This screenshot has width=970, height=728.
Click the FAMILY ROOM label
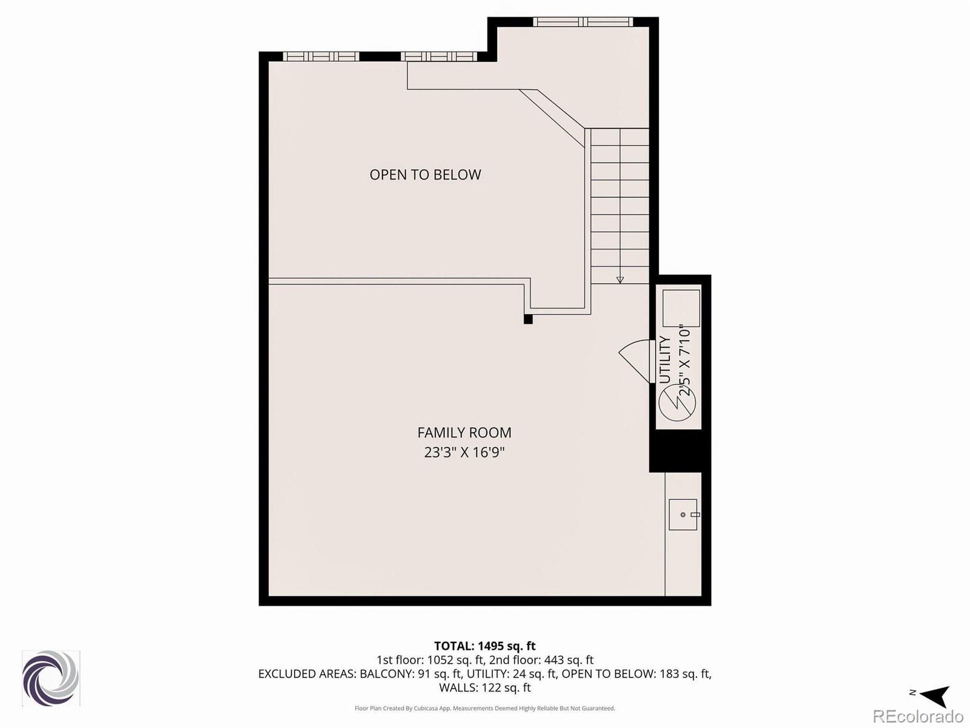464,433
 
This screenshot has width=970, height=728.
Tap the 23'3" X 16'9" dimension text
464,453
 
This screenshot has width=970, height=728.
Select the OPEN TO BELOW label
425,175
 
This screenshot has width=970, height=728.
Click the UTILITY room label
665,360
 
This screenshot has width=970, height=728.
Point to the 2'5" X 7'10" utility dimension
685,360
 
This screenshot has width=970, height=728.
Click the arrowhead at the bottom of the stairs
620,280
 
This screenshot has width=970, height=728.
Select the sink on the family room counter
683,514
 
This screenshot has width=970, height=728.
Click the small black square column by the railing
528,319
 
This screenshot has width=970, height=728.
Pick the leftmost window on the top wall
321,56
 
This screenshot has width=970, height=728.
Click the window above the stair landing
583,22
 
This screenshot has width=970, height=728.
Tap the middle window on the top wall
438,56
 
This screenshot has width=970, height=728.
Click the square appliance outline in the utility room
681,308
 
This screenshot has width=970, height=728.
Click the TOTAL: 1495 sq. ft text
484,646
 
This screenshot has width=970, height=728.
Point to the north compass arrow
934,695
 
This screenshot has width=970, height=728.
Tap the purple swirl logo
51,678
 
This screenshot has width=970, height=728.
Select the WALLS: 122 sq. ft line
484,688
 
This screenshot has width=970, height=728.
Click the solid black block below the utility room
676,450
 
